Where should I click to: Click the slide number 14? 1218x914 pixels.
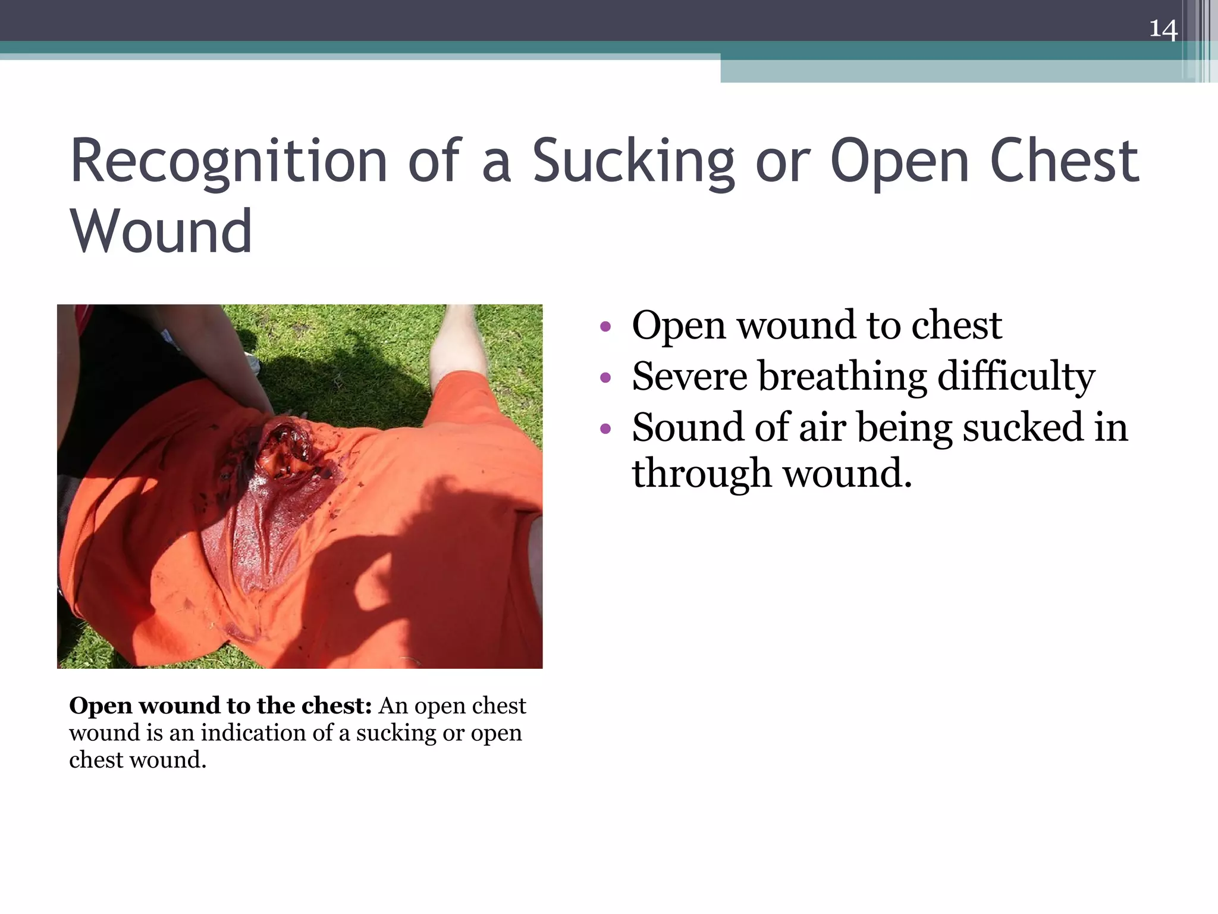point(1163,29)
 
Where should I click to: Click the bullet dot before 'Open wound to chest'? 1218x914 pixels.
point(605,326)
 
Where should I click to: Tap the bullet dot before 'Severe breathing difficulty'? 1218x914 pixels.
point(605,377)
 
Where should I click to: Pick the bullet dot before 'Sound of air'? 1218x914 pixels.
point(605,428)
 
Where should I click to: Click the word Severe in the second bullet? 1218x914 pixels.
point(689,377)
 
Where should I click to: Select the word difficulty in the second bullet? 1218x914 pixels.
point(1016,377)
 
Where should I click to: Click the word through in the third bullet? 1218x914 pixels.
point(701,474)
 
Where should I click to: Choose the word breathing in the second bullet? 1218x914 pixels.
point(842,377)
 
